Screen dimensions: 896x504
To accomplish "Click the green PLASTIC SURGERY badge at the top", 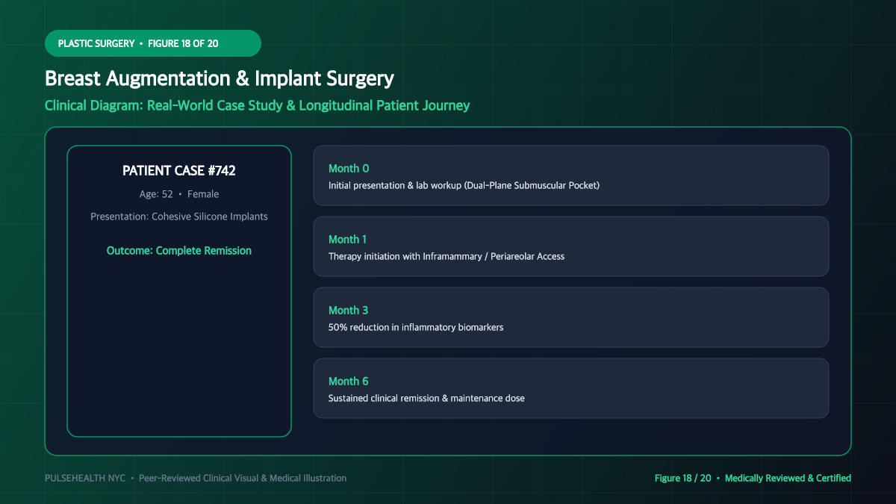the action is tap(153, 43).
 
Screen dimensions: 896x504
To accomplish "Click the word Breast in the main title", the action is tap(72, 78).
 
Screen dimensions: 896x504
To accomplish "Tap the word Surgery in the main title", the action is tap(360, 79).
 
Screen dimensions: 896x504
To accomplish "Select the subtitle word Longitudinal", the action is tap(335, 105).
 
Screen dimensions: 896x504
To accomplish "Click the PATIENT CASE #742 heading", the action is tap(178, 171).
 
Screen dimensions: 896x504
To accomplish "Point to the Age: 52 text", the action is tap(156, 194).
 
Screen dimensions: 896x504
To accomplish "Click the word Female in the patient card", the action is tap(203, 194).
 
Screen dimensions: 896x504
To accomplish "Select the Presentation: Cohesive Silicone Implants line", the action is tap(178, 217).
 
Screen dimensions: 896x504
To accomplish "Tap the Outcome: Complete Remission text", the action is tap(178, 250).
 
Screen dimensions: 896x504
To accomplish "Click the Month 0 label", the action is tap(349, 169).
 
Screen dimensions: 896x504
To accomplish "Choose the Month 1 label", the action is tap(347, 239).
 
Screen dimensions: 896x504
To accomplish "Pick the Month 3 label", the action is tap(348, 310).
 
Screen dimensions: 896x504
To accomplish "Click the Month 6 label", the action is tap(348, 382).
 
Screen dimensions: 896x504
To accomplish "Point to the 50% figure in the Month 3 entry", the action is tap(337, 327).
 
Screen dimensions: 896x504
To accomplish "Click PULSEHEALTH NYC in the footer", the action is tap(85, 478).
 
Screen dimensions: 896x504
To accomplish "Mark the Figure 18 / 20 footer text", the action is tap(682, 478).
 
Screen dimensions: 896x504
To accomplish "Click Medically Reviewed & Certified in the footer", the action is tap(788, 478).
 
